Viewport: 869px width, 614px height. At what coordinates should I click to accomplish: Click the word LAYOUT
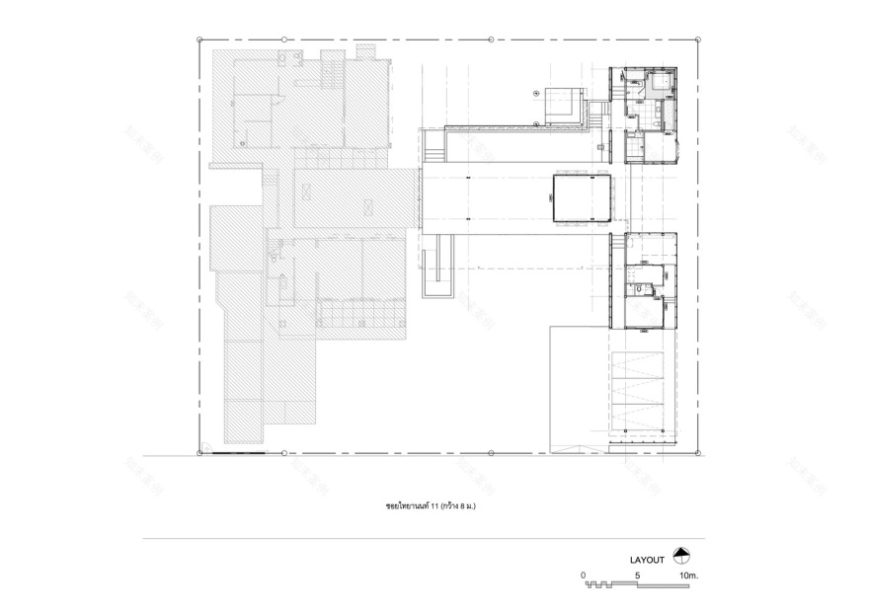coord(647,560)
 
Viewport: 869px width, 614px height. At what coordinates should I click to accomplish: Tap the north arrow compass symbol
coord(679,556)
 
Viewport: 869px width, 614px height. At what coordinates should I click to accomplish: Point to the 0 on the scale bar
coord(584,575)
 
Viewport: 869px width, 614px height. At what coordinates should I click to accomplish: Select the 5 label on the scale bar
coord(638,575)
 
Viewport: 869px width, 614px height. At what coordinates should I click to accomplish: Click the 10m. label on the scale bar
coord(688,575)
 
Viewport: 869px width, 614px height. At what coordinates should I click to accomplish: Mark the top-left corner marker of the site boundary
coord(199,39)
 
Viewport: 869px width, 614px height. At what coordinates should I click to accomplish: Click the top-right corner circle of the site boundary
coord(700,39)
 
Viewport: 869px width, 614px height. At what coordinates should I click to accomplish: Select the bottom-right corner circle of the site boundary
coord(700,453)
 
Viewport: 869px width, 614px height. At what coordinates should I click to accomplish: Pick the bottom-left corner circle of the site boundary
coord(199,453)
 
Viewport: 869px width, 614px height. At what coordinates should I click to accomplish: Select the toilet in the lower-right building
coord(642,288)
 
